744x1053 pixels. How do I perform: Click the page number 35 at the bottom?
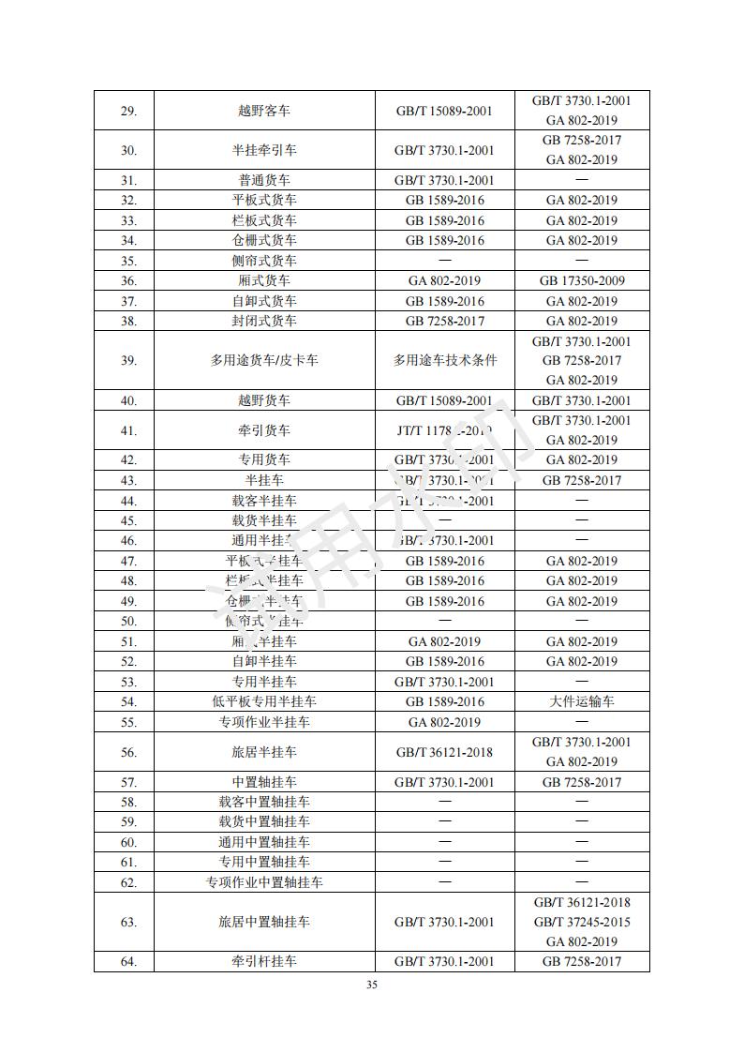372,985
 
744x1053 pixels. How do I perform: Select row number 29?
129,111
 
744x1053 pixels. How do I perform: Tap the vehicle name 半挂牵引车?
264,150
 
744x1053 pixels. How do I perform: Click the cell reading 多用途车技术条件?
444,360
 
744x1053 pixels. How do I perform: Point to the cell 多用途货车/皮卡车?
264,360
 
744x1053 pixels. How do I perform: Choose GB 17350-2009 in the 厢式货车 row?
581,280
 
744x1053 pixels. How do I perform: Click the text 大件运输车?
581,701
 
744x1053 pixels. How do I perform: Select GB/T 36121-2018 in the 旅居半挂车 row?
444,752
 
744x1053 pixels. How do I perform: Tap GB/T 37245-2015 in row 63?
581,922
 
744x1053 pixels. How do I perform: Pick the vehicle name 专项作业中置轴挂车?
264,882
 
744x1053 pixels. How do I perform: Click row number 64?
129,961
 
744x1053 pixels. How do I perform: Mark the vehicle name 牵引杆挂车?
264,961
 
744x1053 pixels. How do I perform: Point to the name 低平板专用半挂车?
264,701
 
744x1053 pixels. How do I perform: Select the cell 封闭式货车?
264,321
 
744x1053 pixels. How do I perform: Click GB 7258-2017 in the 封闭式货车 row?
444,321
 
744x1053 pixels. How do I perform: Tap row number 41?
129,430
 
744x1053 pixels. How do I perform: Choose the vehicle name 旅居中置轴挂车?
264,922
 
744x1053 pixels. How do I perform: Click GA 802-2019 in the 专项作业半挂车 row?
444,722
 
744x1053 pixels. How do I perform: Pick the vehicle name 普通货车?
264,180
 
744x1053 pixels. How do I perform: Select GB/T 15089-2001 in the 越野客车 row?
444,111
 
